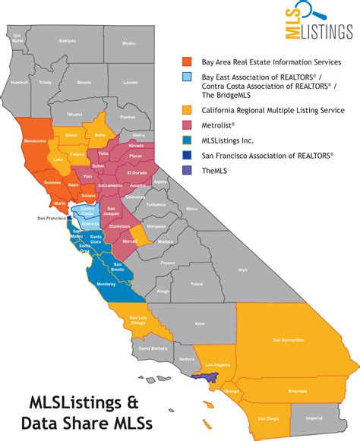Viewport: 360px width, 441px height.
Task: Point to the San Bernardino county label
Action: click(289, 340)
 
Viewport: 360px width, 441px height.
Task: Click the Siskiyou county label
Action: click(67, 41)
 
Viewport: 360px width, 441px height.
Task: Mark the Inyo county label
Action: click(242, 269)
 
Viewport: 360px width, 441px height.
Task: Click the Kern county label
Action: click(200, 323)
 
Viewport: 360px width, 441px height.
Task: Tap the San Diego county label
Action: click(266, 417)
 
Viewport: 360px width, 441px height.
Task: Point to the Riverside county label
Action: click(297, 391)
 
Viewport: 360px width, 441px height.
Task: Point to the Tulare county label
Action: click(197, 284)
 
